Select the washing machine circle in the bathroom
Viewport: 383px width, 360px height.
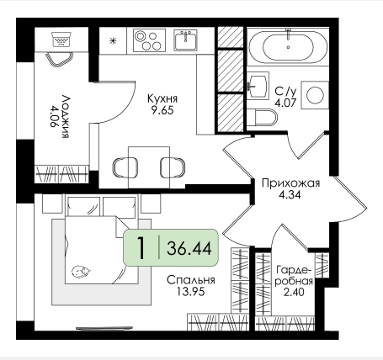(x=315, y=95)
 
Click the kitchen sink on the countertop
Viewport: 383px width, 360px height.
(x=185, y=40)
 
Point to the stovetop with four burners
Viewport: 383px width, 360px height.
(x=149, y=40)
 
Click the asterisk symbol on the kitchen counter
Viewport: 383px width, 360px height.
(x=113, y=41)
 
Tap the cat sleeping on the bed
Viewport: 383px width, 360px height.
(x=81, y=272)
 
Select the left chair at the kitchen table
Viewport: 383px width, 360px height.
(x=125, y=167)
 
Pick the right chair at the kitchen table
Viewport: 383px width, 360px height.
(x=173, y=167)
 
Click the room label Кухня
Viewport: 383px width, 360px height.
(x=162, y=98)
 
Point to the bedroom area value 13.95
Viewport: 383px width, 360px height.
(x=191, y=292)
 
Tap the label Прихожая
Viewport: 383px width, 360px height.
(x=290, y=183)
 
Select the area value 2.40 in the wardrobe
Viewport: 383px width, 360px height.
(x=294, y=292)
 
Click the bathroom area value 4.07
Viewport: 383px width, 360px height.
(x=285, y=103)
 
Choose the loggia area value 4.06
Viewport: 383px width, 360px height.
(x=56, y=116)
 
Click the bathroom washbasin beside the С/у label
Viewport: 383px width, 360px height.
(x=258, y=85)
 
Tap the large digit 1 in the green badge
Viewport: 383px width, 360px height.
(x=141, y=247)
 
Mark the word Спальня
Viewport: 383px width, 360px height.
(x=191, y=280)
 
